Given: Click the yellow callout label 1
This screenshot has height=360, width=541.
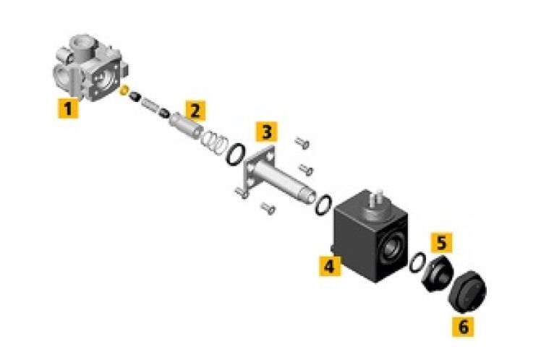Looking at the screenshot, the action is coord(68,108).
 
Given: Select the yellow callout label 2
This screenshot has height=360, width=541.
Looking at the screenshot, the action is coord(195,111).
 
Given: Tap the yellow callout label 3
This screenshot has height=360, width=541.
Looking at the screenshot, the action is coord(266,132).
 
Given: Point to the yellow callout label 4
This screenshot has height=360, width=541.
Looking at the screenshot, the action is coord(330,266).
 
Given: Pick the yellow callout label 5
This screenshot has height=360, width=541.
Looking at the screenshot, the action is coord(442,242).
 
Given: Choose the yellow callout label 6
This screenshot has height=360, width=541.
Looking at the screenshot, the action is coord(463,326).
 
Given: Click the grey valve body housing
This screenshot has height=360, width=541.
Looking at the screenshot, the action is coord(90,67).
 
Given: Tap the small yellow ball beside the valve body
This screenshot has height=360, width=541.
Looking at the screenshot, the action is coord(124,91).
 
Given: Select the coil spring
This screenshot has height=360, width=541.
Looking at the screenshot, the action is coord(214,141).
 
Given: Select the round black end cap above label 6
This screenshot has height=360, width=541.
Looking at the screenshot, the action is coord(468,292).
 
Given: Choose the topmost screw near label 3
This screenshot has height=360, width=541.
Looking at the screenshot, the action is coord(302,142).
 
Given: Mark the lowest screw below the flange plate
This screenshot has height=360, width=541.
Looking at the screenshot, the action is coord(268,208).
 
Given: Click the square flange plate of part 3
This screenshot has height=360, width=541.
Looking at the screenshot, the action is coord(259,171).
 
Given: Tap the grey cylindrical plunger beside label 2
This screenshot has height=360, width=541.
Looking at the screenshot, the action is coord(186,126).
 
